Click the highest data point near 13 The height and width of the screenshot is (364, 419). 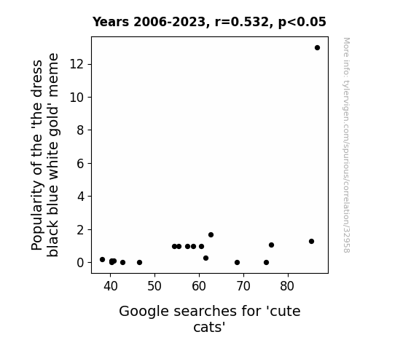tap(317, 48)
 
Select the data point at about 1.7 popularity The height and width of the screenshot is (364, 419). tap(211, 234)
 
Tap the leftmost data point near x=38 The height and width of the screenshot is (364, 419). tap(102, 259)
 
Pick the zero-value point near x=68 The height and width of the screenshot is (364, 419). tap(237, 263)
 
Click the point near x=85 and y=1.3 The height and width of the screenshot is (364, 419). tap(311, 241)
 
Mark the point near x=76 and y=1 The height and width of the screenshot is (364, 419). tap(271, 245)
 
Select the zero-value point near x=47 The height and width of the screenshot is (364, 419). tap(139, 263)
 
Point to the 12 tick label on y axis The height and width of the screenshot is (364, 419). tap(77, 64)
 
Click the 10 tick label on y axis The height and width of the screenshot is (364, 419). tap(77, 98)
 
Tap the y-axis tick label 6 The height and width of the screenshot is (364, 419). tap(80, 163)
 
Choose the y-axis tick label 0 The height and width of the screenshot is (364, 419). tap(80, 263)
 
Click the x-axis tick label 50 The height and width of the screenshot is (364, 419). tap(154, 286)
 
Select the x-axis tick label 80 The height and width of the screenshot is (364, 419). tap(287, 286)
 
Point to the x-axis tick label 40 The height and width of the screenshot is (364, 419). tap(110, 286)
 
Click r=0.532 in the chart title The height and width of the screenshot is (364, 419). tap(243, 22)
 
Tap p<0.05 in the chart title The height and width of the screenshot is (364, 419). tap(302, 22)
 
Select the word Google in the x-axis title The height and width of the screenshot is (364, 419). tap(144, 312)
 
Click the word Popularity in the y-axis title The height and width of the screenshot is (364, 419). tap(37, 215)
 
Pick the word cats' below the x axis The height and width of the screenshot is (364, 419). tap(209, 327)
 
